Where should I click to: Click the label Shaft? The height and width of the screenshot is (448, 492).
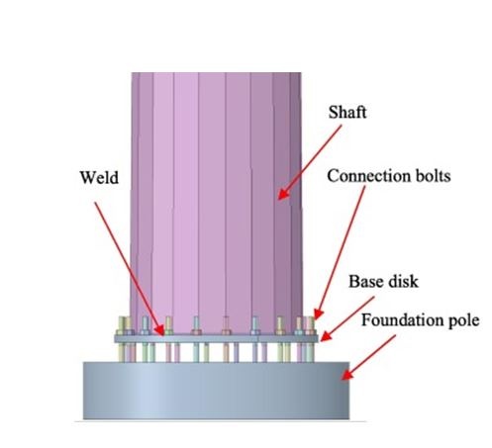point(347,112)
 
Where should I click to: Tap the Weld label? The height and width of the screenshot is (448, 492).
point(99,177)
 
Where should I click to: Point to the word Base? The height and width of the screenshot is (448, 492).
point(364,282)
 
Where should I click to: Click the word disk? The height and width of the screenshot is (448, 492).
point(401,282)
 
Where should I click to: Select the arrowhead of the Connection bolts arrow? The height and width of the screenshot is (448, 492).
point(318,314)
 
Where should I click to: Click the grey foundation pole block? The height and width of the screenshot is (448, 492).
point(216,391)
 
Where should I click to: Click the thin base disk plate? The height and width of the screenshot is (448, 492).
point(216,338)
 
